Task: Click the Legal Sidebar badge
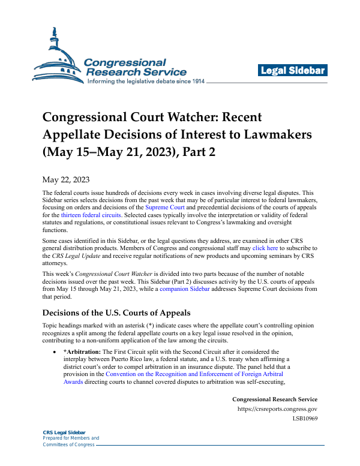point(293,71)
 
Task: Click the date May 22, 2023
point(67,179)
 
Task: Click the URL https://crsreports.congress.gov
point(277,409)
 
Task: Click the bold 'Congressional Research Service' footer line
point(274,399)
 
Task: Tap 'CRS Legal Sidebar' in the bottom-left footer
point(64,432)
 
